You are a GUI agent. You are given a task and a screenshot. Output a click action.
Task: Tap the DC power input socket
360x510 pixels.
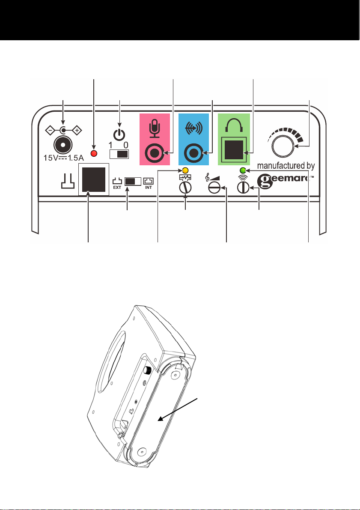coord(63,146)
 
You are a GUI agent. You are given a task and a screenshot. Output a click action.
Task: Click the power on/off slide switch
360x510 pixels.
coord(120,154)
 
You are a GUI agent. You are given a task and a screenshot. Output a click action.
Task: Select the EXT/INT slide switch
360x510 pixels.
coord(133,181)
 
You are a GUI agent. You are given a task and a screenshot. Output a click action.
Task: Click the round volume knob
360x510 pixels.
coord(283,147)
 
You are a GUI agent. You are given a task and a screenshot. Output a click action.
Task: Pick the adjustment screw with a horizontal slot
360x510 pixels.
coord(214,188)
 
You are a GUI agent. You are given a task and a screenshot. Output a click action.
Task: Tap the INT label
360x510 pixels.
coord(148,187)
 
